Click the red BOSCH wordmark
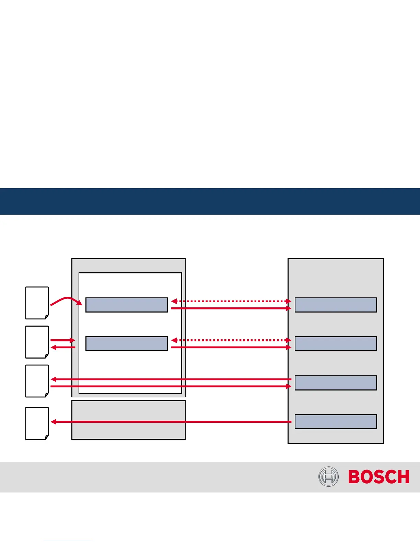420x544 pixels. coord(379,477)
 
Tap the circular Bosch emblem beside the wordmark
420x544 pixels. coord(328,477)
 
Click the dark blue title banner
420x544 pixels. coord(210,201)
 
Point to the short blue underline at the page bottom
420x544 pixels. coord(68,541)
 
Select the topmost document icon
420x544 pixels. coord(37,303)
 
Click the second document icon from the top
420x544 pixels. coord(37,342)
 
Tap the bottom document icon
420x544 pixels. coord(37,423)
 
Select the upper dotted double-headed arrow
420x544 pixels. coord(231,301)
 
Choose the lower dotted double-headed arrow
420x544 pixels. coord(231,340)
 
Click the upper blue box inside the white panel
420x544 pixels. coord(127,305)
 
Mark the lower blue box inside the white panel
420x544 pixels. coord(127,344)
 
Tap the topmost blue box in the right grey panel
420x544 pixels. coord(336,305)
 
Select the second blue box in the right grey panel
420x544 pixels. coord(336,344)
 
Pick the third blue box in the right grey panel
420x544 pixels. coord(336,383)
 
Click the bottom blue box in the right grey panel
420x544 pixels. coord(336,422)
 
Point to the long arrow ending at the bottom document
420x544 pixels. coord(172,422)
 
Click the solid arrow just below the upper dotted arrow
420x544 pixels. coord(231,309)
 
